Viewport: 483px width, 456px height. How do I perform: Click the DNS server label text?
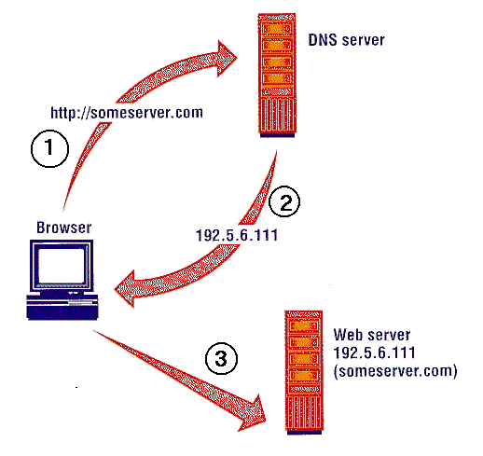click(x=346, y=40)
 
